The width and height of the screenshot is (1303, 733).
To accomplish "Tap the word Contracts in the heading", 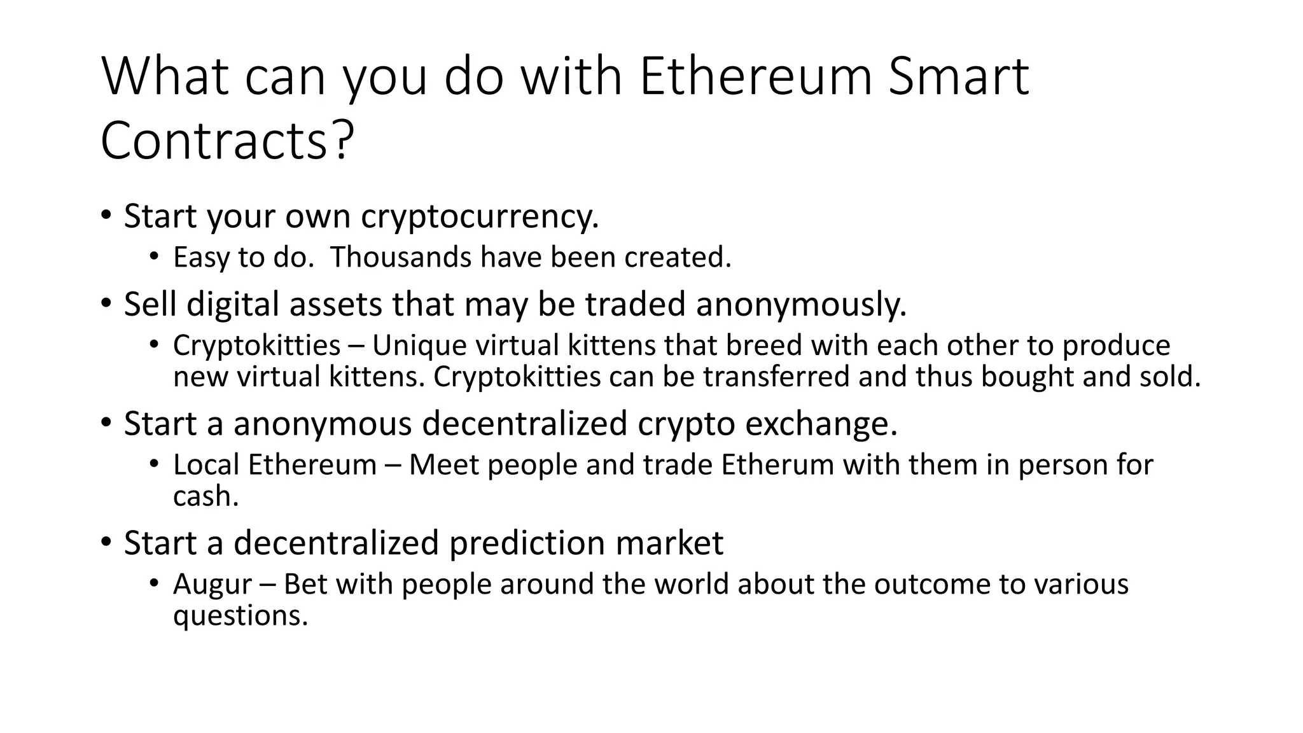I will pyautogui.click(x=214, y=141).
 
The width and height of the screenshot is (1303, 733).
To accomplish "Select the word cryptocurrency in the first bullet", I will pyautogui.click(x=480, y=216).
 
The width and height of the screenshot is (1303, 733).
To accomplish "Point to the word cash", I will pyautogui.click(x=206, y=496).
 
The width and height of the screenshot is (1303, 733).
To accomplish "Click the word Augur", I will pyautogui.click(x=213, y=585).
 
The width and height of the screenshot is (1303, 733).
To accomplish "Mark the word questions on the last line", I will pyautogui.click(x=240, y=615).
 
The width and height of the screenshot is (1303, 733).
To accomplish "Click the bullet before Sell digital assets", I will pyautogui.click(x=106, y=303).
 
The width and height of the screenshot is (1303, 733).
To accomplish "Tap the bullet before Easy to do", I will pyautogui.click(x=154, y=257).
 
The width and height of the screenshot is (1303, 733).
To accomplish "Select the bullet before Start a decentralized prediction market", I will pyautogui.click(x=106, y=541).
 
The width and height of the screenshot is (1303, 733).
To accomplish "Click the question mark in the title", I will pyautogui.click(x=342, y=141).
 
